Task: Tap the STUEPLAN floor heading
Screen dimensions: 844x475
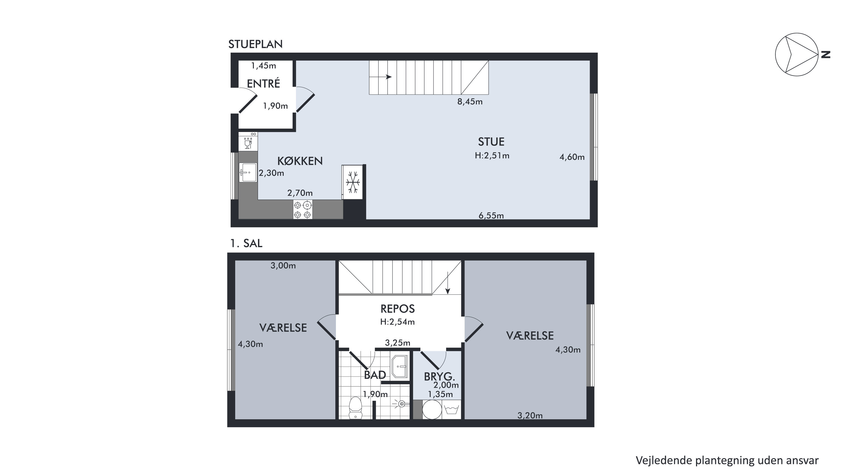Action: pyautogui.click(x=255, y=44)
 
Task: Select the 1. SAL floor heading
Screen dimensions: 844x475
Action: pyautogui.click(x=246, y=243)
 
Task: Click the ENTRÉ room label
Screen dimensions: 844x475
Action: pyautogui.click(x=263, y=83)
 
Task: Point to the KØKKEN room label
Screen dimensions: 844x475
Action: pyautogui.click(x=300, y=161)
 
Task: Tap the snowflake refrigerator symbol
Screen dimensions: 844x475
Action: pyautogui.click(x=353, y=182)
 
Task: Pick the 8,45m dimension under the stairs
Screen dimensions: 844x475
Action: pyautogui.click(x=470, y=102)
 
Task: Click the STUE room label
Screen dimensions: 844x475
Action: pyautogui.click(x=491, y=142)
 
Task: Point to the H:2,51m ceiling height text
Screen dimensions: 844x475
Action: pyautogui.click(x=492, y=155)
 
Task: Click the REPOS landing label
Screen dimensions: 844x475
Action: pyautogui.click(x=398, y=309)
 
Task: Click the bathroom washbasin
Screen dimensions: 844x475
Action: pyautogui.click(x=399, y=366)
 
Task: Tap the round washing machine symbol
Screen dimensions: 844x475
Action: pyautogui.click(x=432, y=409)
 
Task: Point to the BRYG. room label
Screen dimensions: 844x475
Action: pyautogui.click(x=439, y=377)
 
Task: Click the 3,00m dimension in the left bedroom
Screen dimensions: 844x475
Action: pyautogui.click(x=283, y=266)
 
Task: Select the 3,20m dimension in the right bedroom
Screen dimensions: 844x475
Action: pyautogui.click(x=530, y=416)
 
